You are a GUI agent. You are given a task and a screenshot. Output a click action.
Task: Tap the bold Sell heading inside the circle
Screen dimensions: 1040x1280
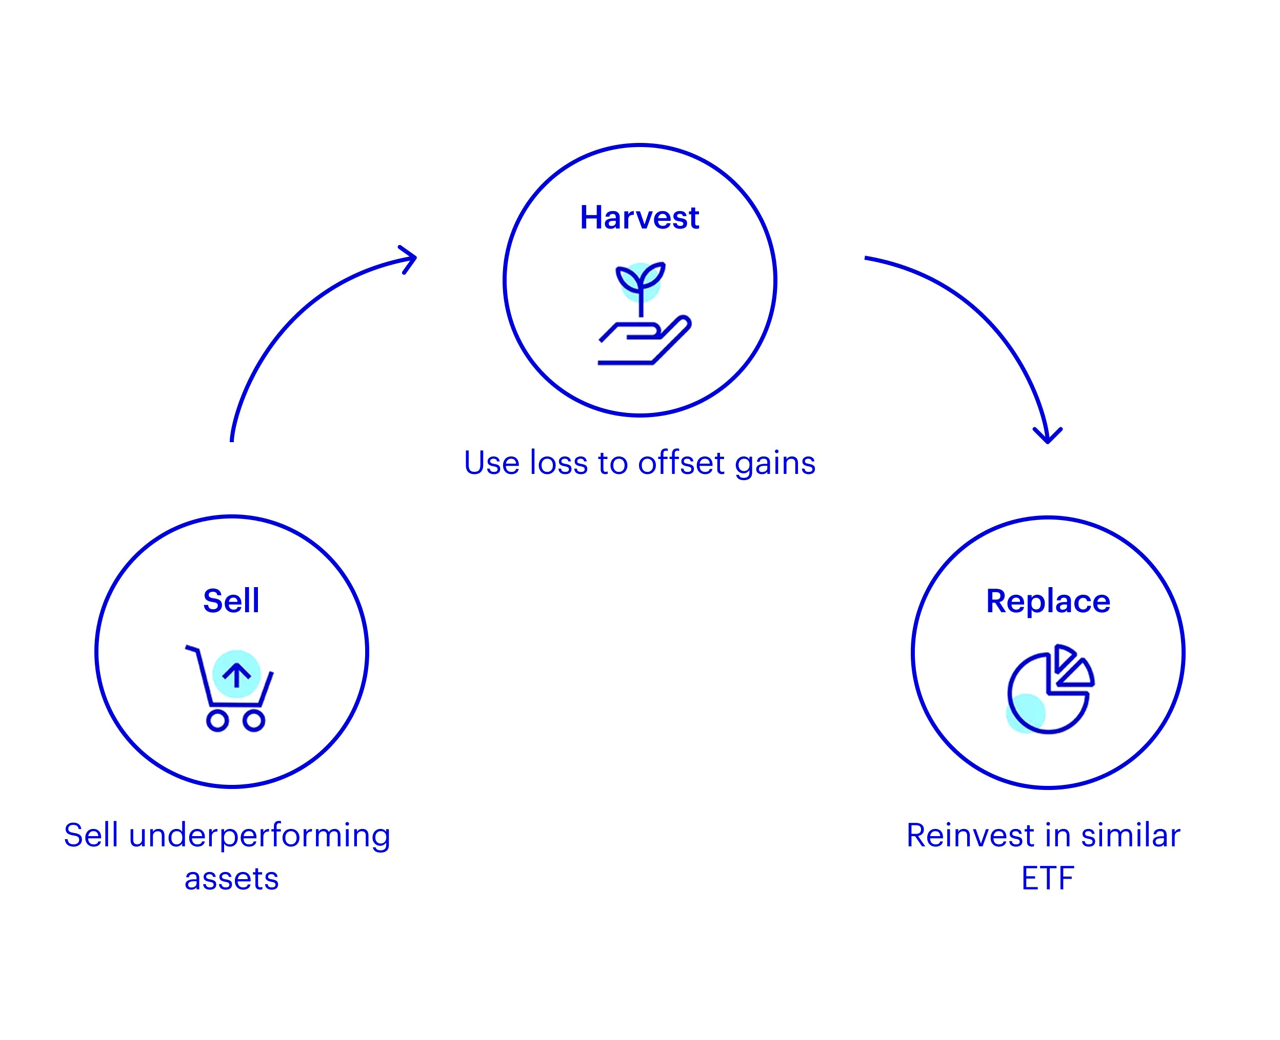click(x=231, y=601)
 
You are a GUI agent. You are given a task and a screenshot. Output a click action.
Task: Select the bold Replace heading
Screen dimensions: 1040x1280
click(x=1048, y=601)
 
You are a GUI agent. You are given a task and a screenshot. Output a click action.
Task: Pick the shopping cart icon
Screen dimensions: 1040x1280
click(x=230, y=689)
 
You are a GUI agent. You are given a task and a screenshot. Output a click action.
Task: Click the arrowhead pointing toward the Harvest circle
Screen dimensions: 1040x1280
click(x=409, y=259)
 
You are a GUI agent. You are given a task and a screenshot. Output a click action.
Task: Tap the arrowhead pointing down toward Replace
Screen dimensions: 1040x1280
click(x=1047, y=435)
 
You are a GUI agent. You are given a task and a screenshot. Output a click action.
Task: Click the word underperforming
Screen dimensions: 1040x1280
click(x=259, y=836)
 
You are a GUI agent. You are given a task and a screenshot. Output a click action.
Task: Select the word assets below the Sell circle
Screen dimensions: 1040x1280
click(x=231, y=879)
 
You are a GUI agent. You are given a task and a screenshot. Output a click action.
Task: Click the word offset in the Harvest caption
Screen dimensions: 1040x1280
click(x=682, y=463)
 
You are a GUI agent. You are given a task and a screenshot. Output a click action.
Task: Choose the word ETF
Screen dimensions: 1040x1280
click(x=1047, y=879)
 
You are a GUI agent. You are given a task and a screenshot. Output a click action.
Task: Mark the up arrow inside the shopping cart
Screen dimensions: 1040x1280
click(x=236, y=675)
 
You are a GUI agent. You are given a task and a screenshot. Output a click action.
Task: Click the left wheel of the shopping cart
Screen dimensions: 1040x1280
click(x=217, y=721)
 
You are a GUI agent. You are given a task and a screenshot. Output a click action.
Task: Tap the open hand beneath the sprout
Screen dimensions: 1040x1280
click(x=645, y=343)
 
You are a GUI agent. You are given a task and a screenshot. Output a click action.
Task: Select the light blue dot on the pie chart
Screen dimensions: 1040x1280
click(x=1025, y=714)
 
